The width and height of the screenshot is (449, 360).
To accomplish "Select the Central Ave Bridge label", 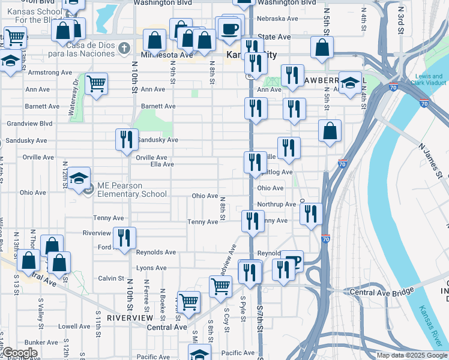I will pyautogui.click(x=382, y=292).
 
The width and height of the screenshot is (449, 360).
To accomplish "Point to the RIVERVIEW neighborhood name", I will pyautogui.click(x=126, y=317).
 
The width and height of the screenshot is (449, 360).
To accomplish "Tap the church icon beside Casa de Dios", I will pyautogui.click(x=124, y=47).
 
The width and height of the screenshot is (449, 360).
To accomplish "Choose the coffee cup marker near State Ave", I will pyautogui.click(x=229, y=28).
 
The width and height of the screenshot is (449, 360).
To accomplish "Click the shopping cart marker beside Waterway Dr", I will pyautogui.click(x=96, y=83).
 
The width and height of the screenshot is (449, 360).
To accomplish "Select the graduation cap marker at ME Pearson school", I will pyautogui.click(x=79, y=178).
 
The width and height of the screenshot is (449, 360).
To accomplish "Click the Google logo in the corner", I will pyautogui.click(x=19, y=353).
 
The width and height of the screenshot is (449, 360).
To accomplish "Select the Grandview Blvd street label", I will pyautogui.click(x=29, y=124).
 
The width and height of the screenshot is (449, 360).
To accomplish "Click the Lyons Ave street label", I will pyautogui.click(x=151, y=268).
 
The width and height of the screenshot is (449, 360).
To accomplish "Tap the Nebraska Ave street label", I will pyautogui.click(x=277, y=19).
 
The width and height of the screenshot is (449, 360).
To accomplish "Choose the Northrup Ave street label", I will pyautogui.click(x=277, y=205).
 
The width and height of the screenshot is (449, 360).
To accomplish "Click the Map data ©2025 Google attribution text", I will pyautogui.click(x=412, y=355).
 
